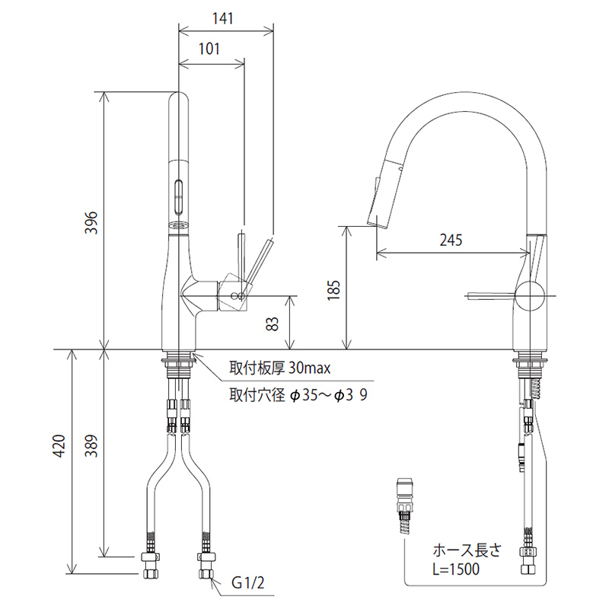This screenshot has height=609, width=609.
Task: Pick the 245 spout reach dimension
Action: point(452,239)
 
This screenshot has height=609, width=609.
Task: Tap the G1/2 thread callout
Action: point(249,585)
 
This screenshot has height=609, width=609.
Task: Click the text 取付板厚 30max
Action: point(279,368)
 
